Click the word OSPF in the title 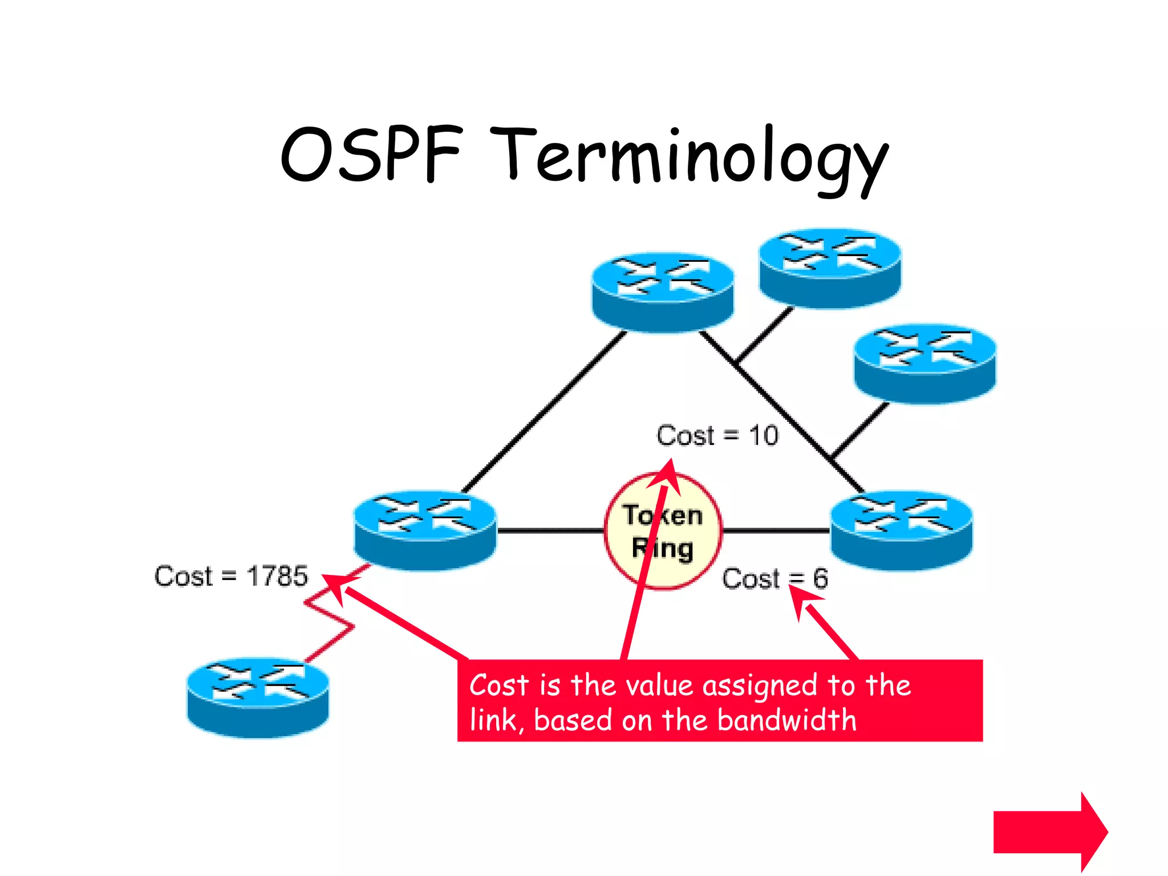point(371,154)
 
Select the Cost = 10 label point(717,436)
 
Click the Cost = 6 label point(774,578)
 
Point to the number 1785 point(277,576)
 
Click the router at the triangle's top point(663,292)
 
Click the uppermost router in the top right point(830,268)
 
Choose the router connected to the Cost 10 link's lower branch point(925,364)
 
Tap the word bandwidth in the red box point(787,720)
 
